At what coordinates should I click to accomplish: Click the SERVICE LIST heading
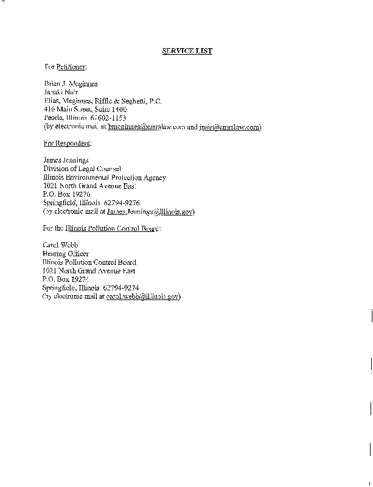click(x=187, y=51)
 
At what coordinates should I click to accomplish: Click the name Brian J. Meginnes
click(x=71, y=83)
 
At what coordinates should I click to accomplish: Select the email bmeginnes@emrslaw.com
click(x=146, y=127)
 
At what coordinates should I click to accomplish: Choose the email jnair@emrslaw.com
click(x=229, y=127)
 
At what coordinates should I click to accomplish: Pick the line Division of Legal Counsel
click(x=82, y=169)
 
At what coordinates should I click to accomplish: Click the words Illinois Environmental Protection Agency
click(x=104, y=178)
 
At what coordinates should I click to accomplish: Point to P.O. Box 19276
click(x=66, y=195)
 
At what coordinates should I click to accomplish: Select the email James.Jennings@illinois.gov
click(x=150, y=212)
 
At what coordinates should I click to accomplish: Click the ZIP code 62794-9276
click(x=124, y=203)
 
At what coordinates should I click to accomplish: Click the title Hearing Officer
click(x=66, y=253)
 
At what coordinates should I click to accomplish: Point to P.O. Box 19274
click(x=66, y=279)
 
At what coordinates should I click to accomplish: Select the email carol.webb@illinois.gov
click(x=142, y=296)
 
